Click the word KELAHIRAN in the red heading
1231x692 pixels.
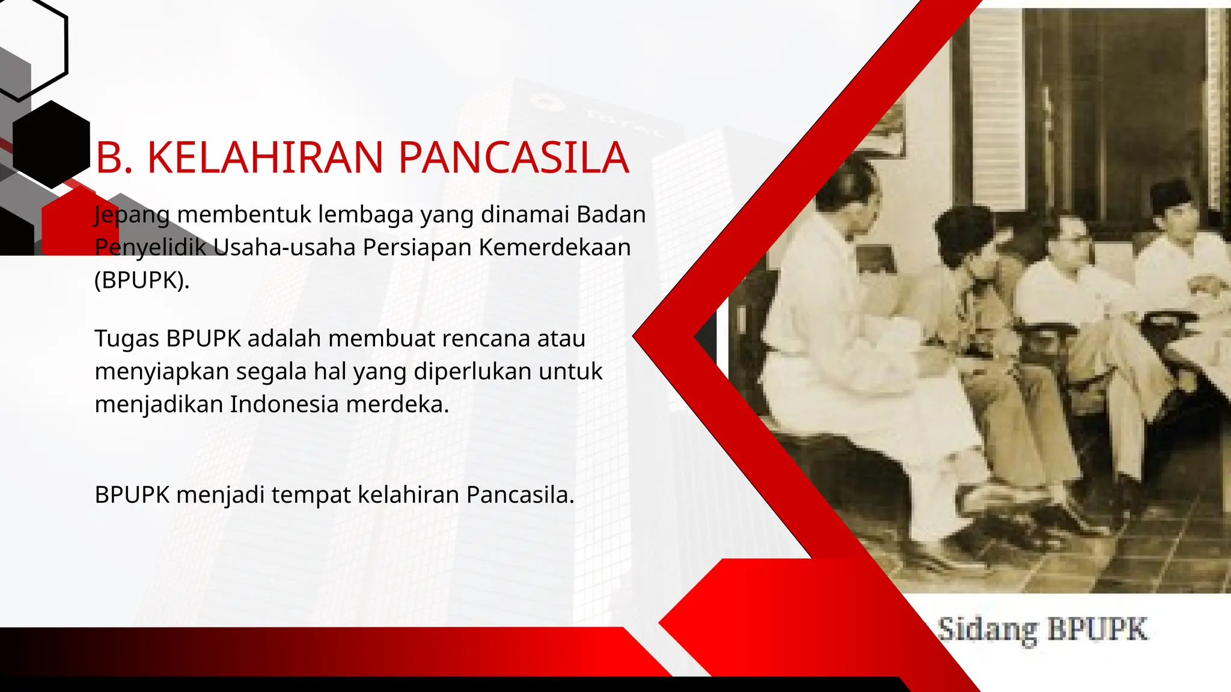click(x=264, y=158)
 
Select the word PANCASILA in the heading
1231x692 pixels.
click(x=513, y=158)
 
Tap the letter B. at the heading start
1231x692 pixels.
click(x=114, y=158)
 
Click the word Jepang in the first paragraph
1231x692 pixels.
click(x=132, y=215)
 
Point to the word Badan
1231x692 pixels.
click(x=611, y=214)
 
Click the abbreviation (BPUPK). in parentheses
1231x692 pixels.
click(x=142, y=280)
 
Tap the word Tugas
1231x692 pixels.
click(x=126, y=339)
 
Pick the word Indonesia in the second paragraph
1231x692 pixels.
click(x=284, y=404)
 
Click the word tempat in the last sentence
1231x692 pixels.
click(x=310, y=496)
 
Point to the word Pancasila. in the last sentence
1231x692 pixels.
click(x=520, y=496)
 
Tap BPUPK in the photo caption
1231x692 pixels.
click(x=1098, y=630)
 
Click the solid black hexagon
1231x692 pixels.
click(x=51, y=145)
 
